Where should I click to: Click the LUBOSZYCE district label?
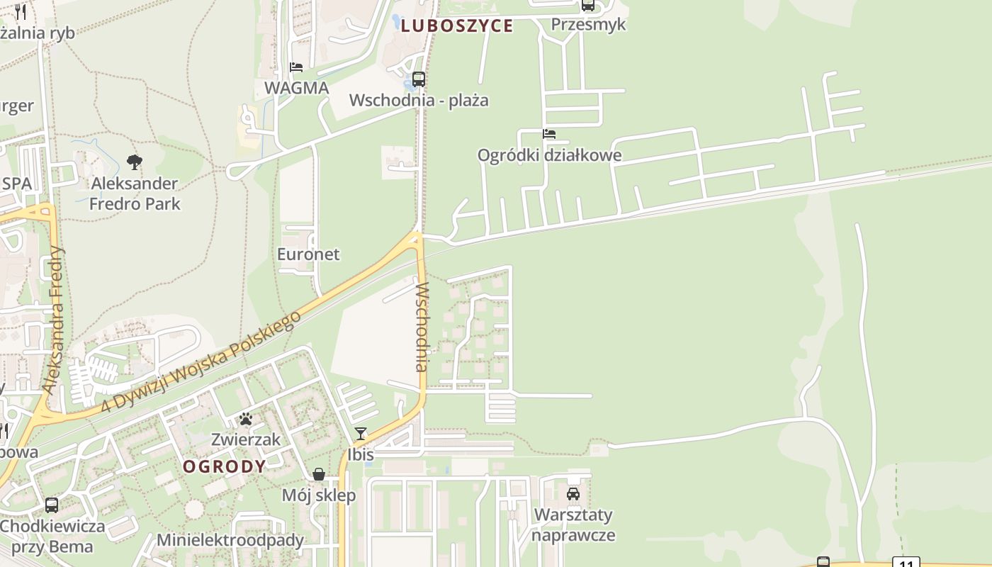[456, 26]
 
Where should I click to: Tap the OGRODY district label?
[225, 466]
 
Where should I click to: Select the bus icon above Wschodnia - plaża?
[419, 79]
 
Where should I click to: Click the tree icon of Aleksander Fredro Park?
[135, 162]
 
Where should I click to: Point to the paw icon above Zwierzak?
[246, 419]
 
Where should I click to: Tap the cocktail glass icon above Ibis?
[361, 433]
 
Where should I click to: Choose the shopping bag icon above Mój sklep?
[319, 474]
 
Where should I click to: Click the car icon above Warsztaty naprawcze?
[573, 493]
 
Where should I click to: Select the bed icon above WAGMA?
[296, 67]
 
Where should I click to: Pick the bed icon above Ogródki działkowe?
[549, 133]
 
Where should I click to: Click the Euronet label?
[308, 254]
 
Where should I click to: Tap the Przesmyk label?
[588, 24]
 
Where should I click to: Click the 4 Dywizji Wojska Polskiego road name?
[201, 363]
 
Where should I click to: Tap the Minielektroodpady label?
[230, 540]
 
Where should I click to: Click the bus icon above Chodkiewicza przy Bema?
[52, 505]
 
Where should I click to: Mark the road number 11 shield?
[906, 563]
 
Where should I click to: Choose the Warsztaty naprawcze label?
[573, 524]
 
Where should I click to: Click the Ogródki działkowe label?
[549, 155]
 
